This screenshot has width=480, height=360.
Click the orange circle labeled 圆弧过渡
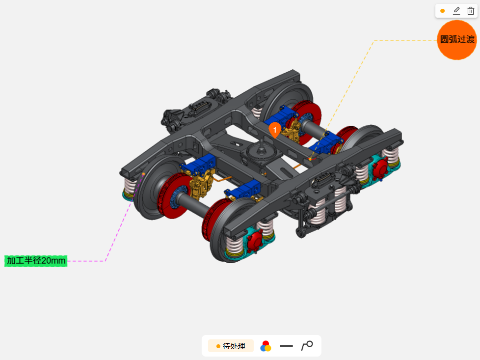(457, 40)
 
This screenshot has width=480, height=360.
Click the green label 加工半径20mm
(36, 261)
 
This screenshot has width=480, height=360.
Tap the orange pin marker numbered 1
(275, 131)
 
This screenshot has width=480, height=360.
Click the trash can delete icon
(471, 11)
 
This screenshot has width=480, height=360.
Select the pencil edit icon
(456, 11)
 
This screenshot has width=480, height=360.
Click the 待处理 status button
(231, 346)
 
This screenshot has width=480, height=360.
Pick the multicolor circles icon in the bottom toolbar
(266, 346)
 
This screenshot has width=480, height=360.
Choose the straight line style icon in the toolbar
(286, 346)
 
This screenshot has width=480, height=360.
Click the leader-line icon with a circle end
(307, 346)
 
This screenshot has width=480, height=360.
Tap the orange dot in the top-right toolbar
(442, 11)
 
